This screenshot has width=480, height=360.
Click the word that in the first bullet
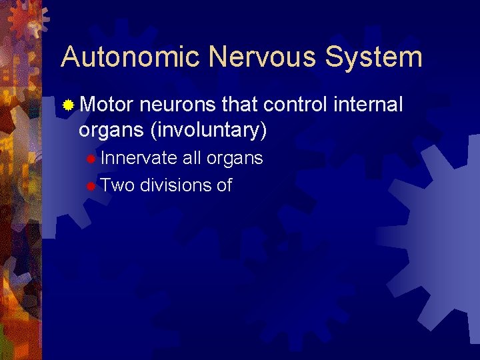click(240, 105)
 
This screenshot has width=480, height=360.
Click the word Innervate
click(139, 159)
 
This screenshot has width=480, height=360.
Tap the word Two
click(119, 185)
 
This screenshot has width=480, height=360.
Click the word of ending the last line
click(224, 185)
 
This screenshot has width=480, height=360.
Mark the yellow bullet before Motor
click(69, 105)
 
